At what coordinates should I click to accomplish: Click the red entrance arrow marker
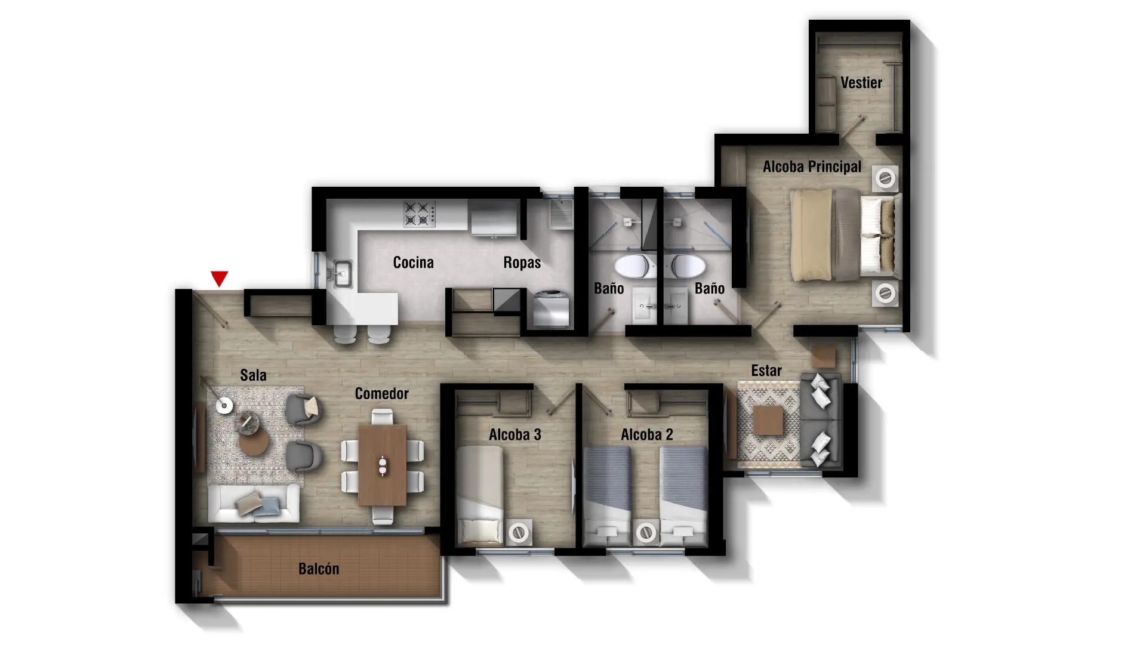(x=219, y=279)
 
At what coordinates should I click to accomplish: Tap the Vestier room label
(x=861, y=82)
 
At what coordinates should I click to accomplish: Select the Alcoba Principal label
(x=812, y=166)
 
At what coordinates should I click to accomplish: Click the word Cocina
(x=413, y=262)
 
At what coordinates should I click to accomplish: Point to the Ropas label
(x=522, y=263)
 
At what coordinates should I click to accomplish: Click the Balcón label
(x=319, y=569)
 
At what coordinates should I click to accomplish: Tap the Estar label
(x=766, y=371)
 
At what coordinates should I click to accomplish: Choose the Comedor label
(x=381, y=394)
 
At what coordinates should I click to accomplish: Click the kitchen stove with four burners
(x=419, y=214)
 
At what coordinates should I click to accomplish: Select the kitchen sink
(x=342, y=274)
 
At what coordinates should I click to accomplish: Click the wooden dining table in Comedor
(x=382, y=465)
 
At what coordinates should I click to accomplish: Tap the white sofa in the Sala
(x=254, y=504)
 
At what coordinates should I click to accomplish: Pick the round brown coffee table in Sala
(x=254, y=442)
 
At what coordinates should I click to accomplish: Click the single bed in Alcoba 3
(x=480, y=495)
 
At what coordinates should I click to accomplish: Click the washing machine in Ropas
(x=550, y=308)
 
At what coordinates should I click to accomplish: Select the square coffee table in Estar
(x=768, y=421)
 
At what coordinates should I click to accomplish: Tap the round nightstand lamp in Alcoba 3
(x=519, y=532)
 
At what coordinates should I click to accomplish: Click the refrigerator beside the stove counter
(x=494, y=218)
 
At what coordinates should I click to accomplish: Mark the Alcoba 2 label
(x=647, y=435)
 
